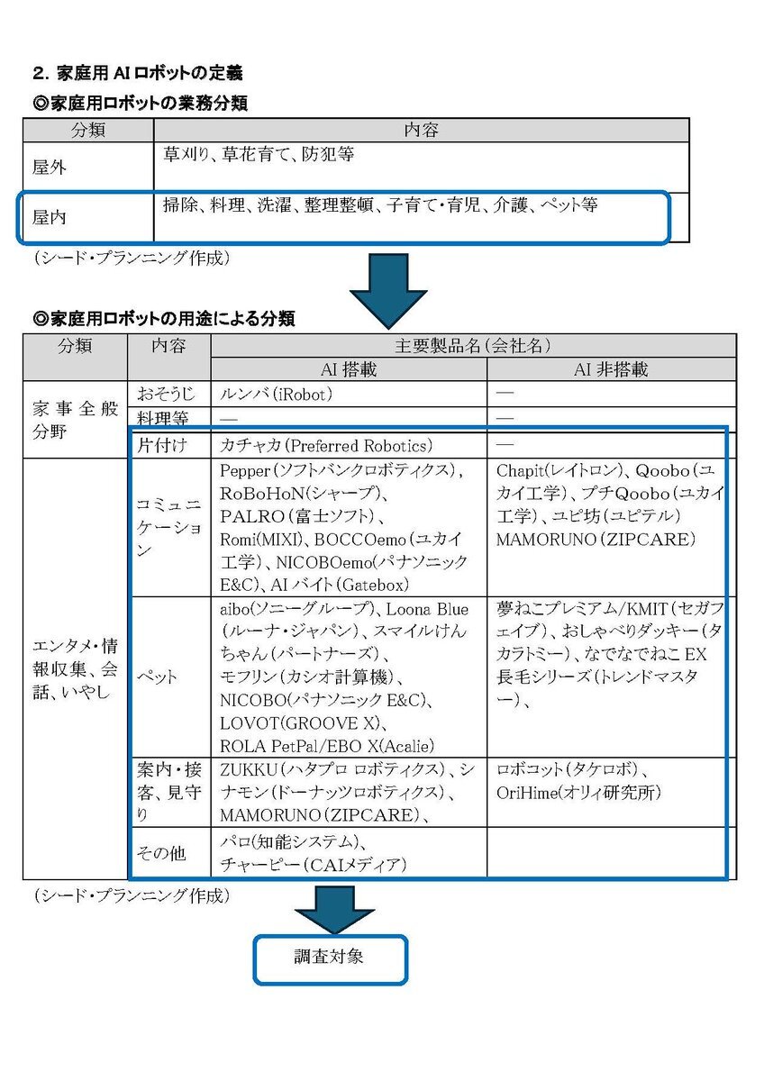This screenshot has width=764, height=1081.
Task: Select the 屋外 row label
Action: pos(50,168)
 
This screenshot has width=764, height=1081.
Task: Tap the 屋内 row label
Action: pos(50,217)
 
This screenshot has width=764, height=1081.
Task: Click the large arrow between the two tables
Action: pos(387,289)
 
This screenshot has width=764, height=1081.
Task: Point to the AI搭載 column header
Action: pos(348,369)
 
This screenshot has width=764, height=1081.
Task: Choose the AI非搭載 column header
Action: pos(611,369)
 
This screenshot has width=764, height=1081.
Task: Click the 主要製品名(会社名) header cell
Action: pos(473,346)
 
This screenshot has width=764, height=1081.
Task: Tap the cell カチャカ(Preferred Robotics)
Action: pos(326,445)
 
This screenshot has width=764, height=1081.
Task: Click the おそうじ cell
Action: pos(165,394)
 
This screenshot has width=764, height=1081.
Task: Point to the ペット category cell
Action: pos(157,676)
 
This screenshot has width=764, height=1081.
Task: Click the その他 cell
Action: pos(161,851)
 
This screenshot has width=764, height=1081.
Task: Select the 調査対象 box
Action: pos(329,958)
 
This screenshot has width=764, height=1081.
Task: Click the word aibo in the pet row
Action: pos(238,610)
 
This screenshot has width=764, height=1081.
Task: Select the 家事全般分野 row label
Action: pos(74,419)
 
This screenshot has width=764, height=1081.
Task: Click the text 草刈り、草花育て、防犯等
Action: pos(259,155)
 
